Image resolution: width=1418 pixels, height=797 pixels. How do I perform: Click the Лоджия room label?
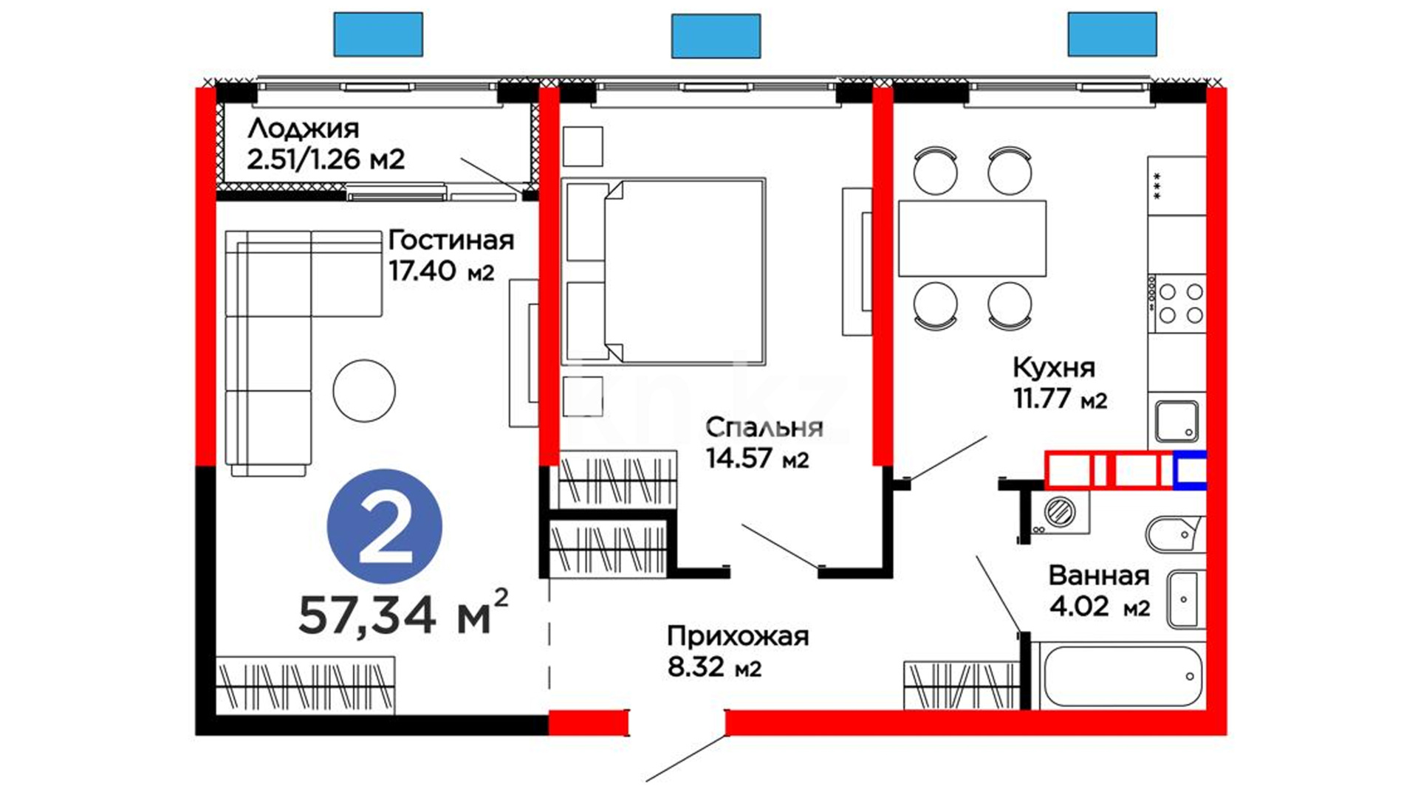tap(304, 129)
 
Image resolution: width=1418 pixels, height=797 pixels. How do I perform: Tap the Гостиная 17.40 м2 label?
tap(451, 255)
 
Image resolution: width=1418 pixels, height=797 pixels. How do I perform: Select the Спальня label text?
tap(764, 427)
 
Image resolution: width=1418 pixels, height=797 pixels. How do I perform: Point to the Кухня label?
tap(1053, 368)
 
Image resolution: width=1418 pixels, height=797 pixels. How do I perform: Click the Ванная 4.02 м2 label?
tap(1099, 591)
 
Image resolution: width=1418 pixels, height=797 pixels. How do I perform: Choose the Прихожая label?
tap(738, 636)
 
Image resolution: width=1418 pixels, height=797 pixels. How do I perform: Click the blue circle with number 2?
tap(385, 527)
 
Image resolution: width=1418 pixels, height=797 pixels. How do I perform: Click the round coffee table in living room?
tap(364, 390)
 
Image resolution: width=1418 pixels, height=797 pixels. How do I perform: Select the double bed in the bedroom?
tap(663, 272)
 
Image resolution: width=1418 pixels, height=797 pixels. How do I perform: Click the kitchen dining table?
tap(972, 238)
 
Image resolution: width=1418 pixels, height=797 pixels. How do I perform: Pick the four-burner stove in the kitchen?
tap(1179, 303)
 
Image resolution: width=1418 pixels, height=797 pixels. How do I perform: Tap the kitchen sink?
tap(1176, 421)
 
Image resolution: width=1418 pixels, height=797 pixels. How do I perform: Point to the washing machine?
tap(1061, 511)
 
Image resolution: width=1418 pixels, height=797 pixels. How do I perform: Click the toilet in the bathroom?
tap(1174, 534)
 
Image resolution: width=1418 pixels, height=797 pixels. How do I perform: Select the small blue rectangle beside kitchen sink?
tap(1190, 470)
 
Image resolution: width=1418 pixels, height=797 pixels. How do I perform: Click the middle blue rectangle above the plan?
tap(716, 36)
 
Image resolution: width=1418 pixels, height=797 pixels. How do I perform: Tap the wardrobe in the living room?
tap(306, 686)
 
